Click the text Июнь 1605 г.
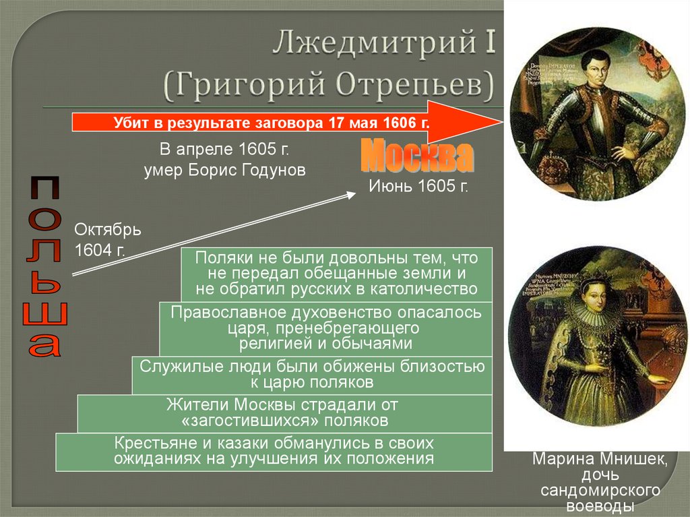pyautogui.click(x=418, y=186)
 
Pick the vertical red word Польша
pyautogui.click(x=44, y=266)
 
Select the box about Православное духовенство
pyautogui.click(x=326, y=328)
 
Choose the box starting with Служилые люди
pyautogui.click(x=311, y=375)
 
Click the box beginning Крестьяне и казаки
pyautogui.click(x=274, y=452)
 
